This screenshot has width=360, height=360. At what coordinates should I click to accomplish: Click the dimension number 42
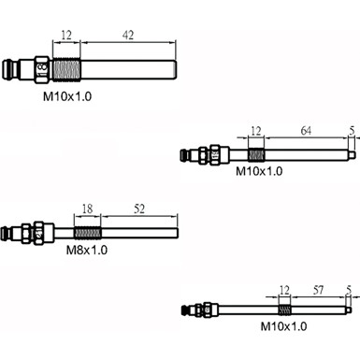128,35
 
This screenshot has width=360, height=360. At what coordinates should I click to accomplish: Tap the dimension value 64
306,131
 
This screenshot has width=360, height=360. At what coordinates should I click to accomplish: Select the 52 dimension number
139,209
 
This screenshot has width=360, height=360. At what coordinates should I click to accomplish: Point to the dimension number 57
318,290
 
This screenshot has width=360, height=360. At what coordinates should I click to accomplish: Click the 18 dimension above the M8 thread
88,209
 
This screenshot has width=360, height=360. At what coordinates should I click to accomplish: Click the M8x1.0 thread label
87,250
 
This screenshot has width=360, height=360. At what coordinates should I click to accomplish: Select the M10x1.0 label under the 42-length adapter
67,96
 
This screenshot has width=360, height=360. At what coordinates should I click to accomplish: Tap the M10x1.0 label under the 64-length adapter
259,171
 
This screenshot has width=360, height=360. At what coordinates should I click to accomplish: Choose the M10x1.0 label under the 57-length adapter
283,326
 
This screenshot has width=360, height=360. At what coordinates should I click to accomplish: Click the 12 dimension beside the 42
66,35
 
